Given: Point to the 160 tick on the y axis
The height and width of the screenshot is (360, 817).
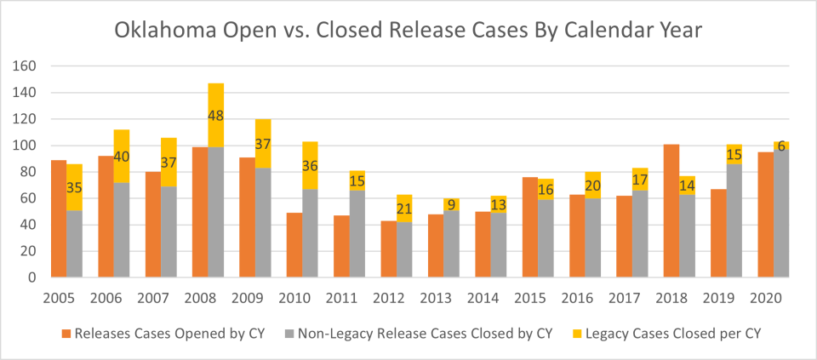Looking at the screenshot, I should (x=25, y=66).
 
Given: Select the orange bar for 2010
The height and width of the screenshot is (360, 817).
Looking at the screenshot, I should (x=294, y=245).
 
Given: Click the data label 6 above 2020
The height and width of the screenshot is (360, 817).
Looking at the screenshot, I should (x=780, y=146).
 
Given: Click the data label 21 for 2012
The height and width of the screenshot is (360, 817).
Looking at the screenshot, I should (x=404, y=208).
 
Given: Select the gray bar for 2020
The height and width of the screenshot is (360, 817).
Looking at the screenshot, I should (x=780, y=214).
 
